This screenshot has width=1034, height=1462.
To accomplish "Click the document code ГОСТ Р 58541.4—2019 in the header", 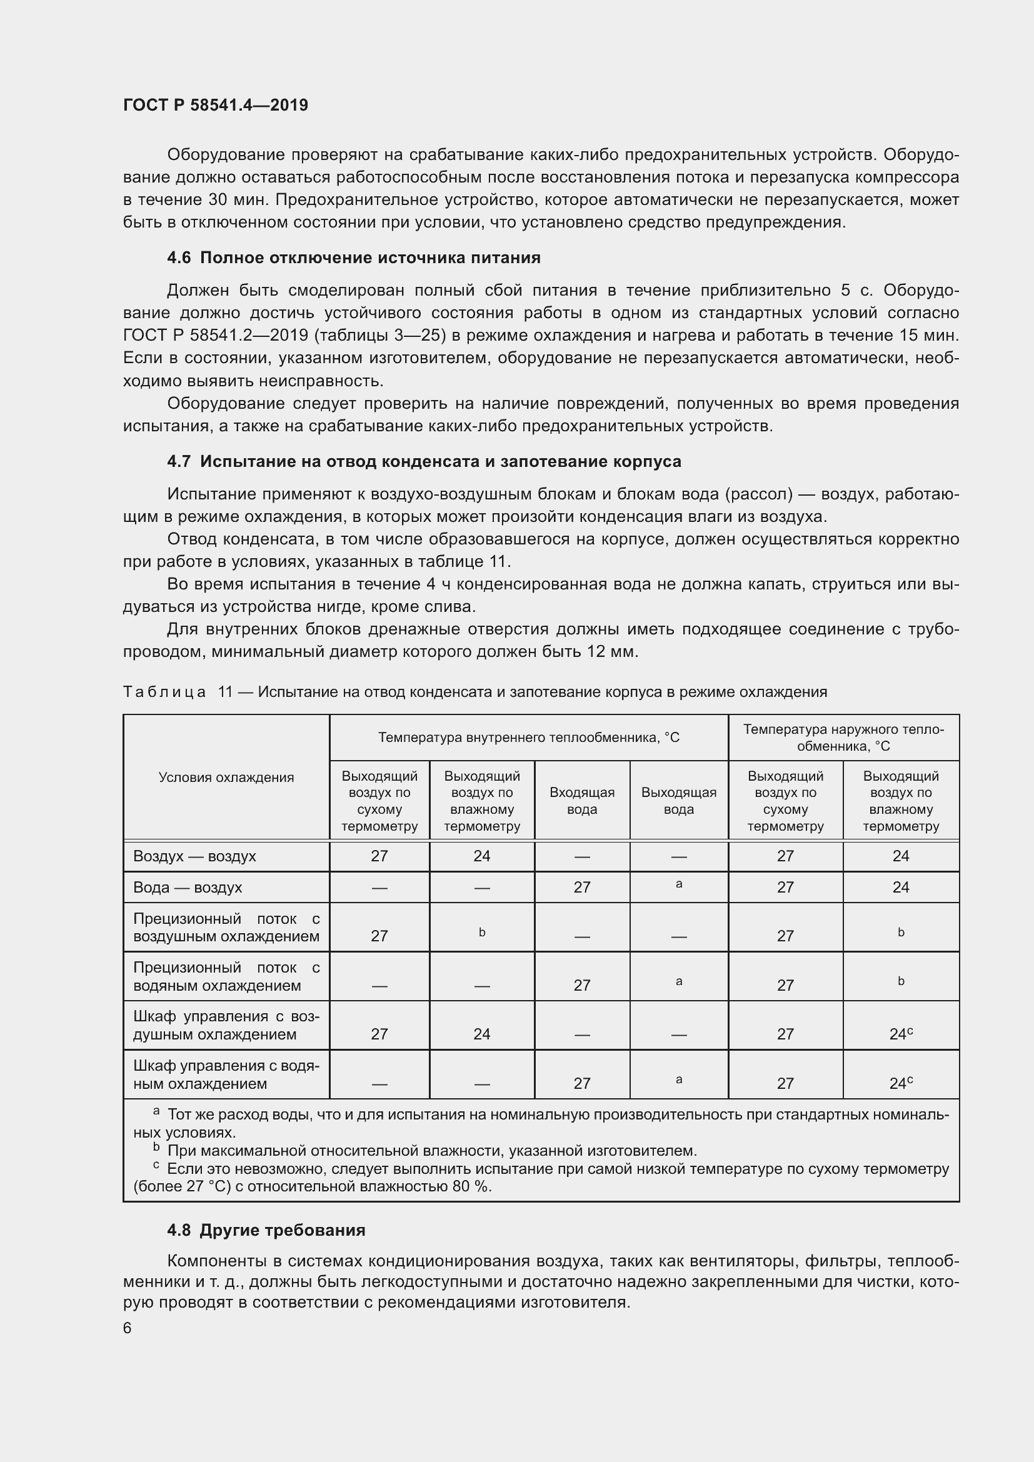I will (x=215, y=105).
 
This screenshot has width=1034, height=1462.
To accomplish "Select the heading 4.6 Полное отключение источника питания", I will (x=353, y=258).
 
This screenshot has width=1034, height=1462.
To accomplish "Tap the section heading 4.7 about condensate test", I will (x=423, y=462).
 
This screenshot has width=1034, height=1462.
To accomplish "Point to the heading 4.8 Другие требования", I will (x=266, y=1229).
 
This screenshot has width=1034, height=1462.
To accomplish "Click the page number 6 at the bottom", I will (x=128, y=1327).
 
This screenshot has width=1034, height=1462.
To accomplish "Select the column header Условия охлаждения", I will (x=226, y=778).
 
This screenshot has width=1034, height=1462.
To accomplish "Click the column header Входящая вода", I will (x=582, y=801).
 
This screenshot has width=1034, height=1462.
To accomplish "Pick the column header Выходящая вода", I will (x=679, y=801).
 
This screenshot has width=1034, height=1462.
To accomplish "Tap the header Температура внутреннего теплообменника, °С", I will (x=528, y=738).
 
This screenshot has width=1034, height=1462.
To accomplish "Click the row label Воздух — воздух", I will (x=194, y=856).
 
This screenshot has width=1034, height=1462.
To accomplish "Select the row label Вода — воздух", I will (x=187, y=888).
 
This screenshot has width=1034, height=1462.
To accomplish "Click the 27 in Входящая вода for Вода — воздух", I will (x=582, y=888).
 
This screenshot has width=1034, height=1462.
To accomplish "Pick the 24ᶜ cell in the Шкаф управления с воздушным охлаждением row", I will (x=900, y=1034).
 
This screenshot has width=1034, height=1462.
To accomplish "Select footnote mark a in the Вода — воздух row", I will (x=679, y=884).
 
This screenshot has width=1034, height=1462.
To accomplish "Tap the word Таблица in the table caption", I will (x=164, y=692).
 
